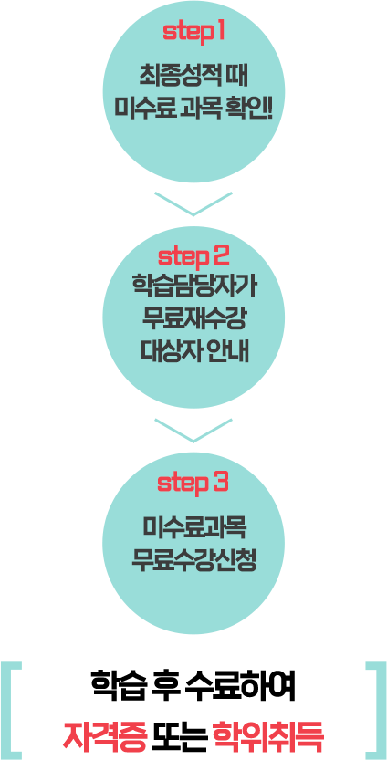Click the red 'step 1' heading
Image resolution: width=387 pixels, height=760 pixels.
[193, 32]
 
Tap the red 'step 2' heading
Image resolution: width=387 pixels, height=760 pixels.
[193, 253]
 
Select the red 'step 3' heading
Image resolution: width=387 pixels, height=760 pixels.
[193, 481]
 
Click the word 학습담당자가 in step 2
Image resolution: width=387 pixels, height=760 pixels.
[193, 285]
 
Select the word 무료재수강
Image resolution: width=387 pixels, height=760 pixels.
[193, 318]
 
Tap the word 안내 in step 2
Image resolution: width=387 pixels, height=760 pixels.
[232, 351]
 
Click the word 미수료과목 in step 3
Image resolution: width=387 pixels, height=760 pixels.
[193, 527]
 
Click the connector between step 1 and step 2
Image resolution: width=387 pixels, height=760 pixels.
[193, 204]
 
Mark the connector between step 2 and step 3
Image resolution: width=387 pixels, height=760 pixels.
[193, 431]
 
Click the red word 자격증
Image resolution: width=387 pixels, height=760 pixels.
[104, 735]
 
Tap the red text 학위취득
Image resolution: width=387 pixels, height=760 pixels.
[267, 735]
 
